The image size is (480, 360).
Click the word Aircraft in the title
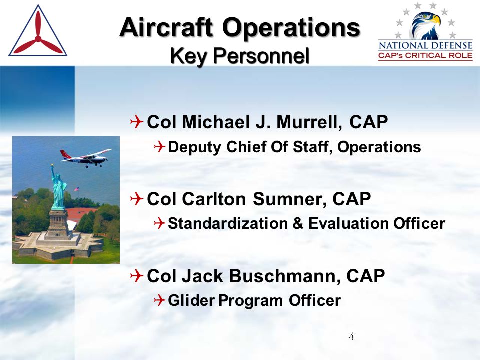pyautogui.click(x=166, y=27)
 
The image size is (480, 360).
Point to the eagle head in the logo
pyautogui.click(x=426, y=25)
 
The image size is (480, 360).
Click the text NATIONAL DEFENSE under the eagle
pyautogui.click(x=425, y=46)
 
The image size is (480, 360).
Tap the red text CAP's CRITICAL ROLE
pyautogui.click(x=425, y=56)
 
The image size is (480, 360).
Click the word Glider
pyautogui.click(x=191, y=300)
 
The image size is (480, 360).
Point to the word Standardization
pyautogui.click(x=228, y=223)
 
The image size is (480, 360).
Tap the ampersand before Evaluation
pyautogui.click(x=298, y=224)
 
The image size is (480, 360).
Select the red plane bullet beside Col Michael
pyautogui.click(x=136, y=122)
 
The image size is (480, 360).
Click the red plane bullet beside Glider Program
pyautogui.click(x=160, y=300)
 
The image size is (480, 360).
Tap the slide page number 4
pyautogui.click(x=351, y=336)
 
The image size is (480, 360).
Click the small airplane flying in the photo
pyautogui.click(x=85, y=157)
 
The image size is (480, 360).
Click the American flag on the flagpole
pyautogui.click(x=77, y=189)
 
